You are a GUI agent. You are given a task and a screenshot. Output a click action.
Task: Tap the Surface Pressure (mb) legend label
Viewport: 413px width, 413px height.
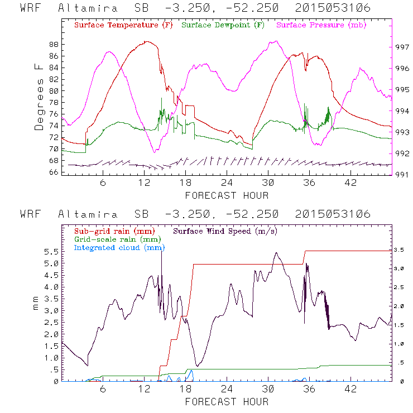click(317, 25)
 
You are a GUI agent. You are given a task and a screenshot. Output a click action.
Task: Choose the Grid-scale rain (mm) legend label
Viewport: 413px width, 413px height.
click(113, 239)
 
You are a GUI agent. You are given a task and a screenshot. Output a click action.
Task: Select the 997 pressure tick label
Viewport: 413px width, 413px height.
click(402, 47)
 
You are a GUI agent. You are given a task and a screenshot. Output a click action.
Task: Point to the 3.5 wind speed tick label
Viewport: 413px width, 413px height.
click(402, 251)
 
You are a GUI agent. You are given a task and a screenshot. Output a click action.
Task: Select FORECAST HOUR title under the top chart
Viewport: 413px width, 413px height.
click(227, 195)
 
